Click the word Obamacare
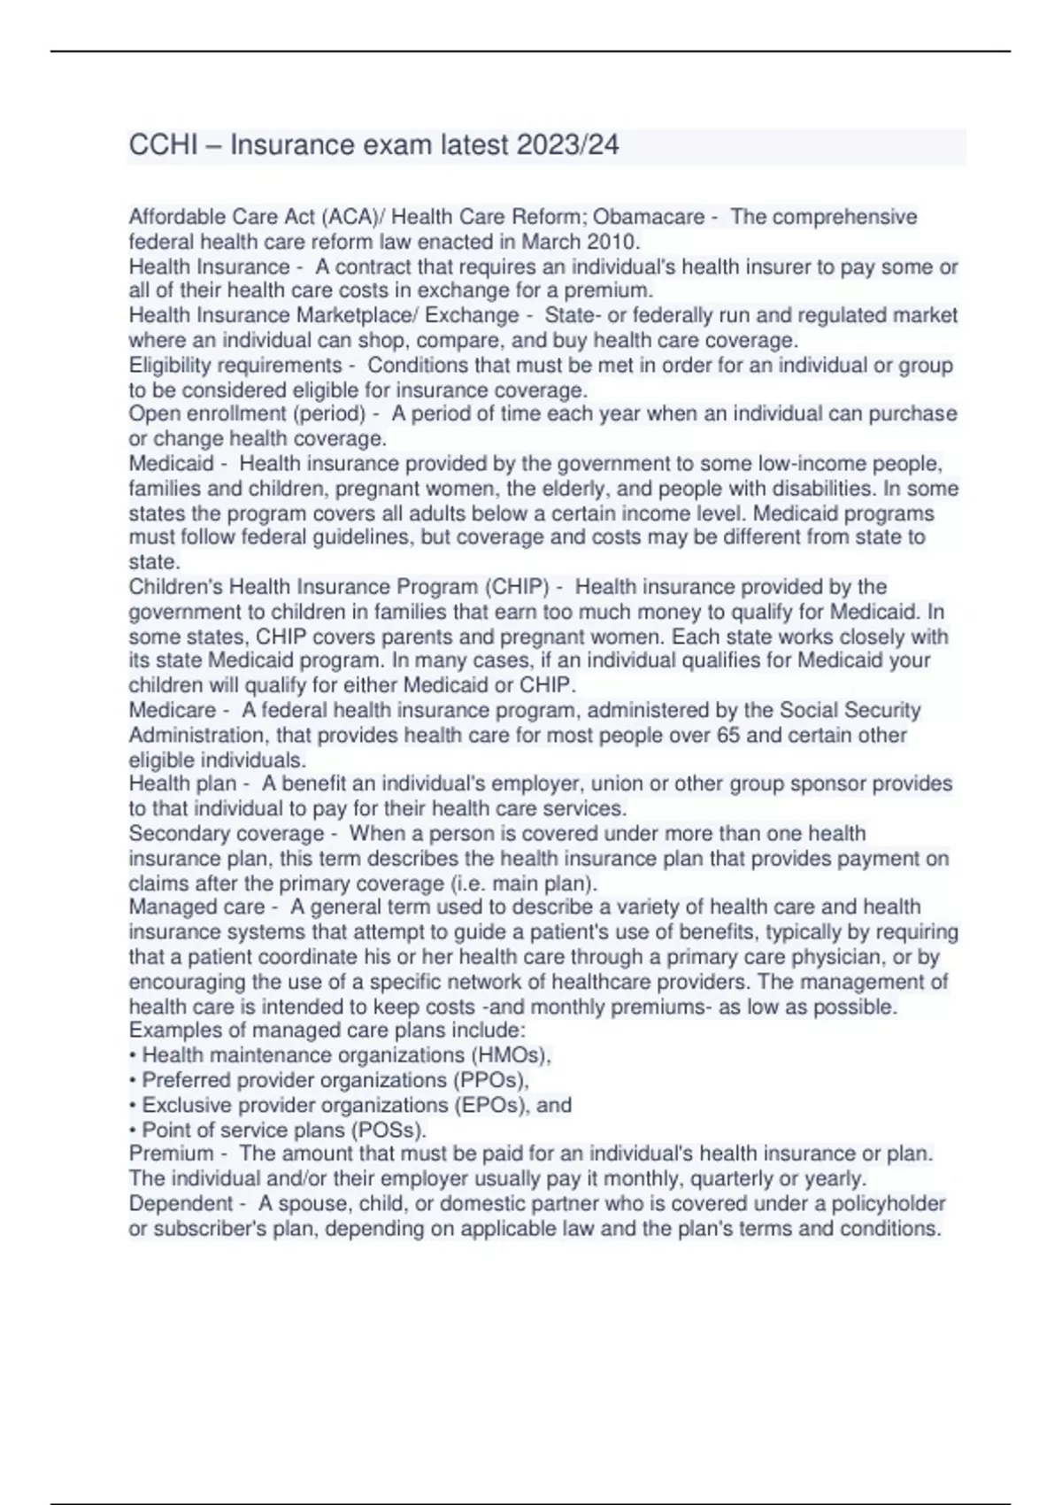tap(648, 217)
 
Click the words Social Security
tap(850, 710)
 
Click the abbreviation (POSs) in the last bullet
tap(389, 1130)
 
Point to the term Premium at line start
tap(171, 1154)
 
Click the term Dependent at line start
tap(181, 1203)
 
